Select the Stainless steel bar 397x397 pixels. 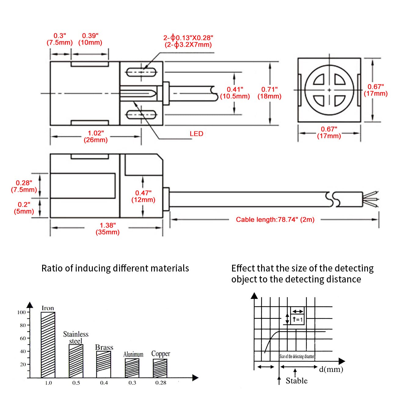[76, 361]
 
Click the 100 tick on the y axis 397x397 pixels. [22, 312]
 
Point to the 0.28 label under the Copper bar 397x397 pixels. [161, 383]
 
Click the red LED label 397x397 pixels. [196, 134]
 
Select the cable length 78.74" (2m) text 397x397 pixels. [275, 220]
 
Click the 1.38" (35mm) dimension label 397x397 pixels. [107, 229]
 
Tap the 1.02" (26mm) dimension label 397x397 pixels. [96, 137]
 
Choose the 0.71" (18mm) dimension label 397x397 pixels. [269, 93]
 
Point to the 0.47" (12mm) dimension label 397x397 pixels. [143, 196]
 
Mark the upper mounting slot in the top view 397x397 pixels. [141, 72]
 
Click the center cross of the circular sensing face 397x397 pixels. [329, 90]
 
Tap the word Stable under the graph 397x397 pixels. [297, 381]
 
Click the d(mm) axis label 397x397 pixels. [331, 369]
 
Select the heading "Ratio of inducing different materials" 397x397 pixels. [115, 268]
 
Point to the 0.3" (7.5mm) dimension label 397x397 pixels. [60, 39]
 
